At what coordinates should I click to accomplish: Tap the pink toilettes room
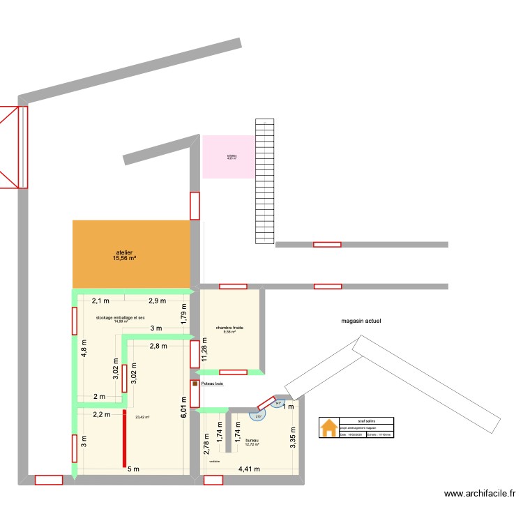229,156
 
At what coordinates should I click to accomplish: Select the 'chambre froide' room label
229,327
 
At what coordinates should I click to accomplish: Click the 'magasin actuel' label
361,321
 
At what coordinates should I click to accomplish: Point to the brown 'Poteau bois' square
195,384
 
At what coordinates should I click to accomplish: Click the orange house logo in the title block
327,428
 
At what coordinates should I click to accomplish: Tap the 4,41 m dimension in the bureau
249,469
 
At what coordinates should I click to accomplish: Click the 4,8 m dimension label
84,347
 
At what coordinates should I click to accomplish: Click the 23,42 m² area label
143,418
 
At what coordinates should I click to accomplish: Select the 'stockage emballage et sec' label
121,317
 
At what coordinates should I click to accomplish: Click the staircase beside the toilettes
264,181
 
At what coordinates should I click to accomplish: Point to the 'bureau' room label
252,441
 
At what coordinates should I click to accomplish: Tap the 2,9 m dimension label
157,301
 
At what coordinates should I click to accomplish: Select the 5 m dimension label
132,469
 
